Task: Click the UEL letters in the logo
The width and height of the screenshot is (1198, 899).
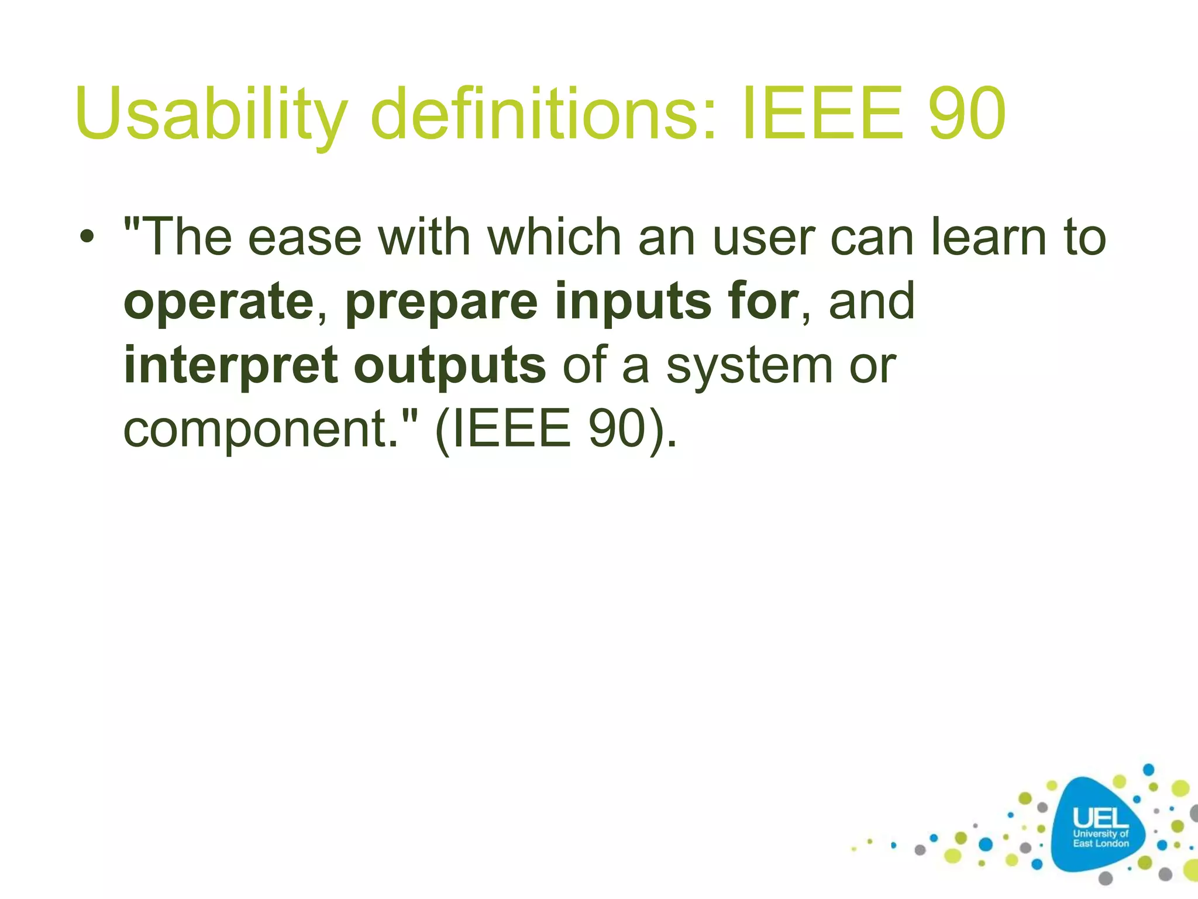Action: click(x=1100, y=818)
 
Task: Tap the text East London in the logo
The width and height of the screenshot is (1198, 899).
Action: click(x=1100, y=843)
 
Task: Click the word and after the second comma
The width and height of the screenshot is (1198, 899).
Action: click(x=872, y=301)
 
